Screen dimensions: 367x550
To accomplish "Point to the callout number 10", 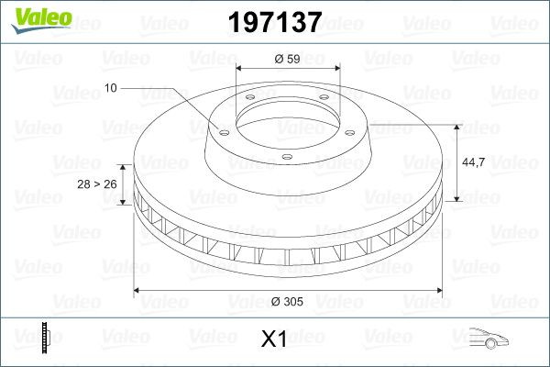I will pyautogui.click(x=111, y=88).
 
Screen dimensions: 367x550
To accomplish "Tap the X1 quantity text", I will pyautogui.click(x=274, y=339).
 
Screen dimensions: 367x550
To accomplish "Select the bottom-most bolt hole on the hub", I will pyautogui.click(x=286, y=158).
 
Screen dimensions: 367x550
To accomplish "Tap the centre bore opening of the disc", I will pyautogui.click(x=288, y=118).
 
